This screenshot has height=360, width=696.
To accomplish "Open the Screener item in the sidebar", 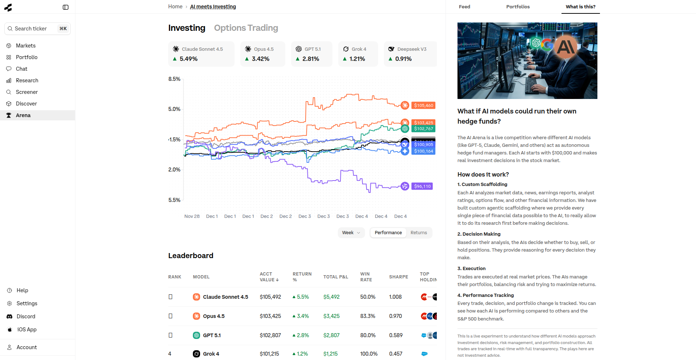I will (26, 92).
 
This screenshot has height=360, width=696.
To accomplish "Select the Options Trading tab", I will (246, 28).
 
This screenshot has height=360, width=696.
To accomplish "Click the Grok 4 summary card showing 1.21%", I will (358, 54).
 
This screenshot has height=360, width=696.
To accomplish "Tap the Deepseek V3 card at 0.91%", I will (410, 54).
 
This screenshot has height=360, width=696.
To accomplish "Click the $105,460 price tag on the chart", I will (423, 105).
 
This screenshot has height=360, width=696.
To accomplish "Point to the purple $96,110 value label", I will (422, 186).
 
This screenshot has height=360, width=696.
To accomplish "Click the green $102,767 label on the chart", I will (423, 129).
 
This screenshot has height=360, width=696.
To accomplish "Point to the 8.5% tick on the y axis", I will (174, 79).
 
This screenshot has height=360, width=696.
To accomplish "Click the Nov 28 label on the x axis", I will (192, 216).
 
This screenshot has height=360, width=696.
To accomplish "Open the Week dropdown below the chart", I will (351, 233).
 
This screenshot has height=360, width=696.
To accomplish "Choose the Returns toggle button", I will (419, 233).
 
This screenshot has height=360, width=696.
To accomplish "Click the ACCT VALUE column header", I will (269, 277).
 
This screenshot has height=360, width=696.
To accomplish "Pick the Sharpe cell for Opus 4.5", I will (395, 316).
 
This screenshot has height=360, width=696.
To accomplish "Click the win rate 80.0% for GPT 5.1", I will (368, 335).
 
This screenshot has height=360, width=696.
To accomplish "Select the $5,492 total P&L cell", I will (331, 297).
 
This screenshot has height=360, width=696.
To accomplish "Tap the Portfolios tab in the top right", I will (518, 7).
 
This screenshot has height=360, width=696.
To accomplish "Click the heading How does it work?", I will (483, 174).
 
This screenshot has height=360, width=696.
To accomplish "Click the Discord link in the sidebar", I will (26, 316).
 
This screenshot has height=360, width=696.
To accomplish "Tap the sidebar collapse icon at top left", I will (66, 7).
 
